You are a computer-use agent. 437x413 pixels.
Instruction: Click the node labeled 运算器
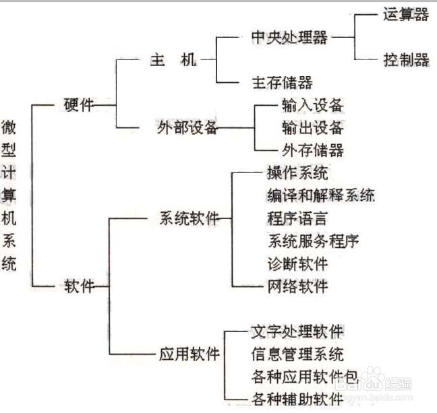click(x=405, y=14)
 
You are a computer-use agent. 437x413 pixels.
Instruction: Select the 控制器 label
click(x=405, y=60)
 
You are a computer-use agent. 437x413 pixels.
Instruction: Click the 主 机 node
click(x=173, y=60)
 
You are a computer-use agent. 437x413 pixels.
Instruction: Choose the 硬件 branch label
click(x=78, y=105)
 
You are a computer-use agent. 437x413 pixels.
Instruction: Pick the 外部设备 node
click(x=185, y=128)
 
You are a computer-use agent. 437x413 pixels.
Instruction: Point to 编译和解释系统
click(x=320, y=195)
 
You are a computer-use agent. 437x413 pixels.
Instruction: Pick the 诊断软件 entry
click(x=297, y=263)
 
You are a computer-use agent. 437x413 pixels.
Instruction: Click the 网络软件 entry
click(x=297, y=286)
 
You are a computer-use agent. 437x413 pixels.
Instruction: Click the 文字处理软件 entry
click(x=297, y=331)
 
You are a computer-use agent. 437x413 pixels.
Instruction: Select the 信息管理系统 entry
click(x=297, y=354)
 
